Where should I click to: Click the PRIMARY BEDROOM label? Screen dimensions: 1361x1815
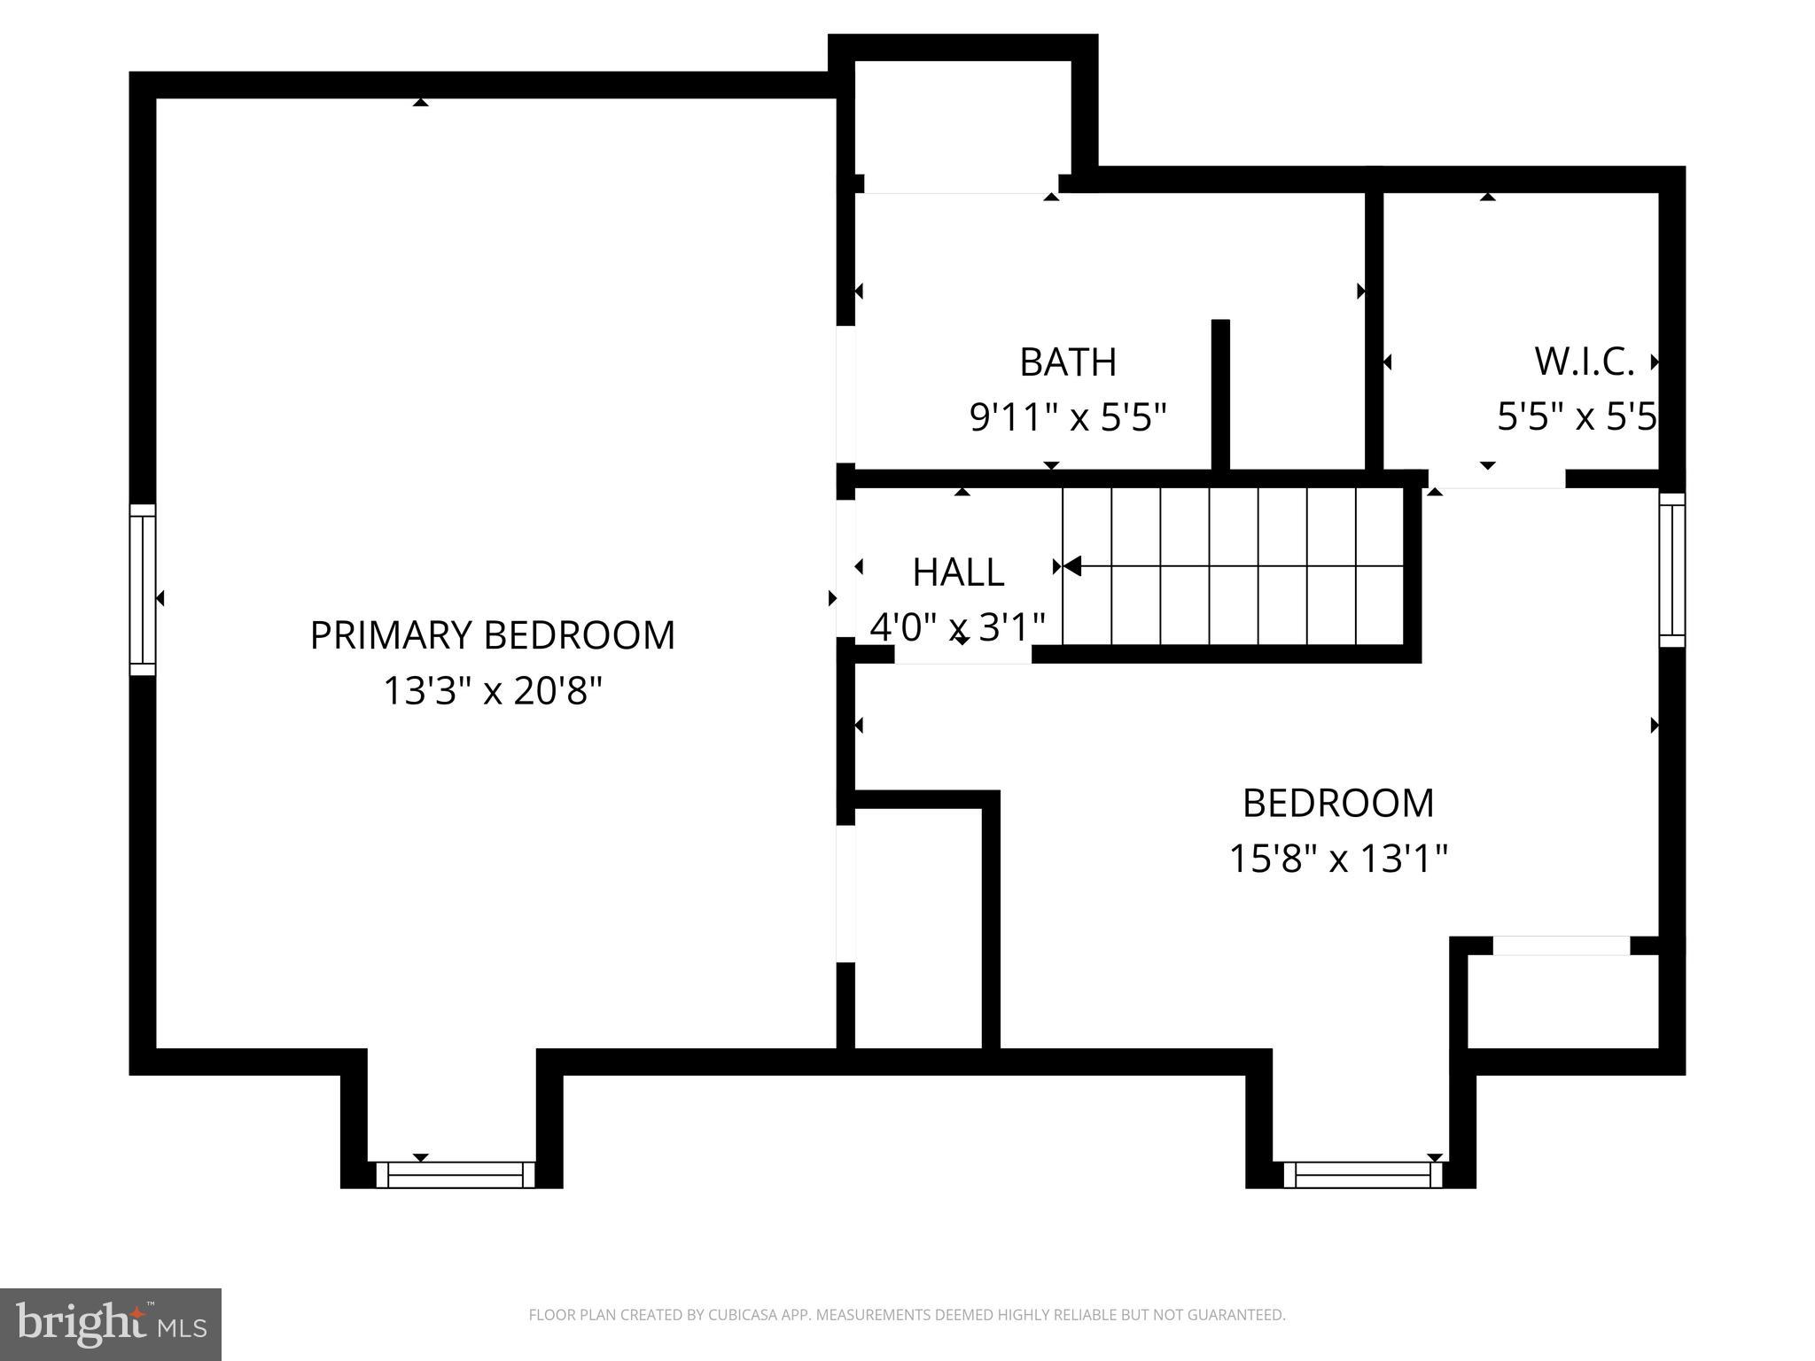(x=492, y=635)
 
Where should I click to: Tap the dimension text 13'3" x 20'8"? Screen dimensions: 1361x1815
(x=492, y=690)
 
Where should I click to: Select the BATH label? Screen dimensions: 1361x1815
(x=1067, y=362)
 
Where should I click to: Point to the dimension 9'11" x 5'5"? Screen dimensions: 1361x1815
(x=1067, y=416)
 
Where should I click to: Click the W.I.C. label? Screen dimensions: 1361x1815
(x=1584, y=362)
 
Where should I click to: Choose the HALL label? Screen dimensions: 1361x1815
(x=958, y=572)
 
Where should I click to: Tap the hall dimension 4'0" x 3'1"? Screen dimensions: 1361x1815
(x=958, y=626)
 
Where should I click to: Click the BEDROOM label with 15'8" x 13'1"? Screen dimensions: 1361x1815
(x=1337, y=803)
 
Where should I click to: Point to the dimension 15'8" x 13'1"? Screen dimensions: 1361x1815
(x=1337, y=858)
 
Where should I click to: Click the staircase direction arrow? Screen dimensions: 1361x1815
(x=1073, y=565)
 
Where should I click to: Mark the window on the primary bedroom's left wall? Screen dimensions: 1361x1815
(x=143, y=589)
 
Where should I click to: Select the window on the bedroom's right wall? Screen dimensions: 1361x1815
(x=1671, y=570)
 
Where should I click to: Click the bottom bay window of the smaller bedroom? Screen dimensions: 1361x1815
(x=1362, y=1175)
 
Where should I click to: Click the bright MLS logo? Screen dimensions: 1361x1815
(x=111, y=1324)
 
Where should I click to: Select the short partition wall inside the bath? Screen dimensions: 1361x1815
(x=1220, y=394)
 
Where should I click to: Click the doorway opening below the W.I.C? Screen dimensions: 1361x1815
(x=1496, y=479)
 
